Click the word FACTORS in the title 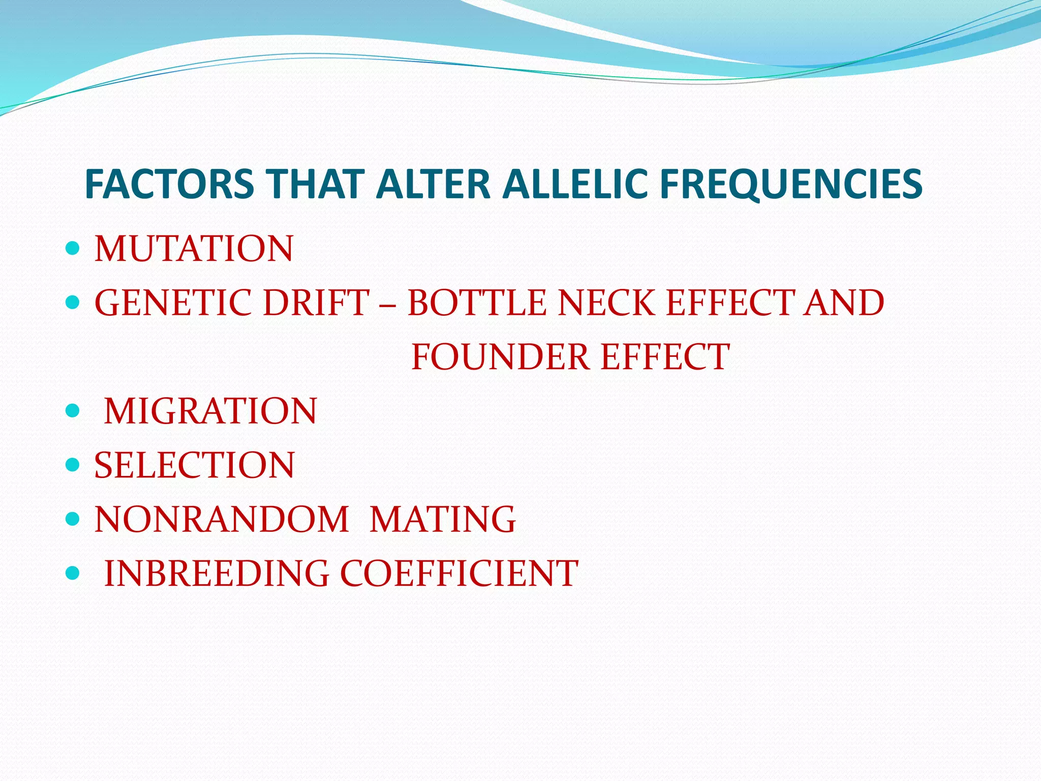point(169,184)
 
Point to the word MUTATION point(194,249)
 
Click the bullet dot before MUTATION point(73,248)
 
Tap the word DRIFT point(316,303)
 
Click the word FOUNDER point(500,357)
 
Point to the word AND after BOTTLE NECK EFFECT point(843,303)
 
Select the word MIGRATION point(210,411)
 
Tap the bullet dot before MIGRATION point(73,410)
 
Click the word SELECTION point(194,465)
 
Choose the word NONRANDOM point(222,520)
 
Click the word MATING point(443,520)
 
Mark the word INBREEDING point(217,574)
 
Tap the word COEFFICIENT point(459,574)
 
